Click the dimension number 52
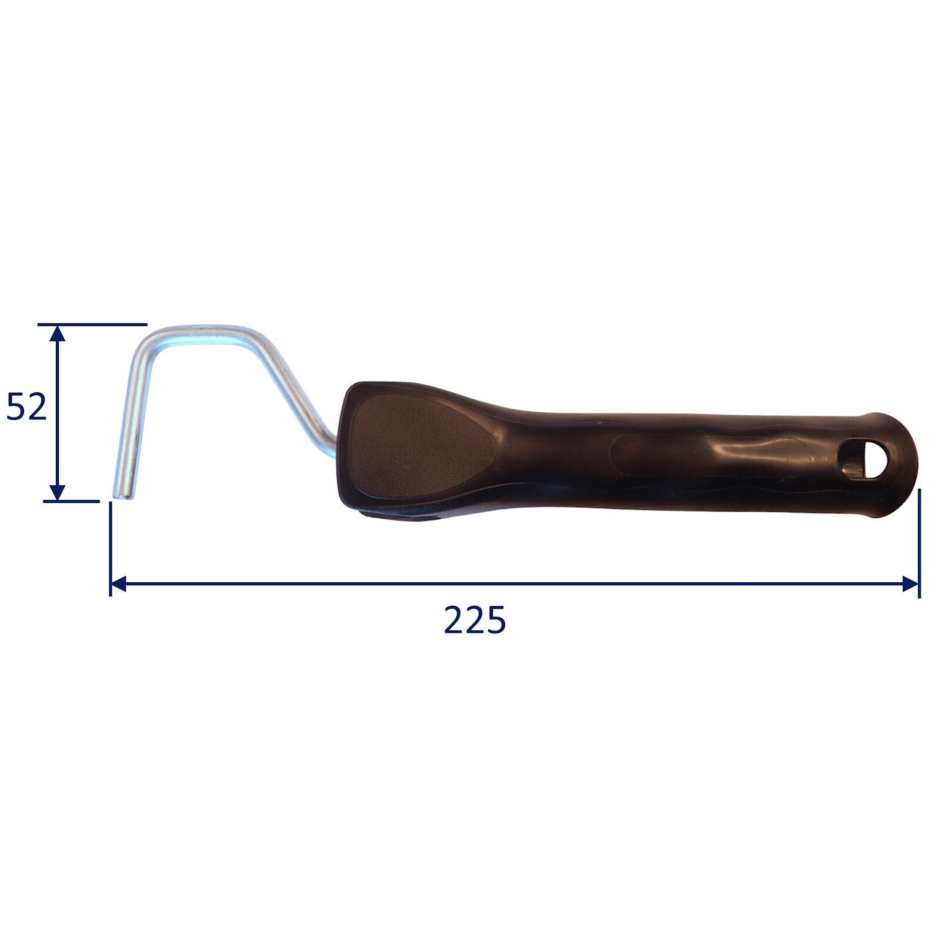click(26, 407)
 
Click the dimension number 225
click(475, 620)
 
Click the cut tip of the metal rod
click(122, 496)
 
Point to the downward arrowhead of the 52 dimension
click(56, 492)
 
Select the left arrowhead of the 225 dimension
click(118, 584)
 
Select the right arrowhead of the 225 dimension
click(910, 584)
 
